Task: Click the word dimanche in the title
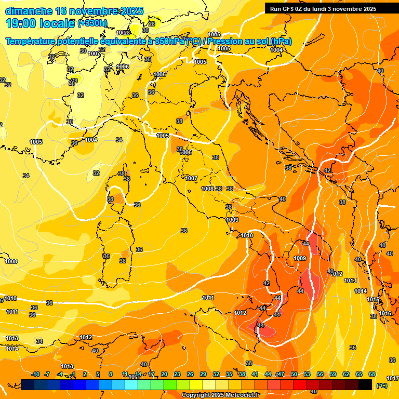(x=28, y=11)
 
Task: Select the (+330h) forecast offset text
(x=92, y=23)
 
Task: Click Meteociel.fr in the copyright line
(x=240, y=395)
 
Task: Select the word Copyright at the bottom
(x=196, y=395)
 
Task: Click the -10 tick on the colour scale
(x=35, y=374)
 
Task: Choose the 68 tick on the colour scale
(x=372, y=374)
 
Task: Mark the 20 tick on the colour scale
(x=164, y=374)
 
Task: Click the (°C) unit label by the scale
(x=382, y=385)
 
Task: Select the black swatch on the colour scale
(x=365, y=384)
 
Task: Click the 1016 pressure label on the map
(x=385, y=313)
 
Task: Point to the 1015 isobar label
(x=373, y=300)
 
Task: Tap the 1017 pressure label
(x=392, y=378)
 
